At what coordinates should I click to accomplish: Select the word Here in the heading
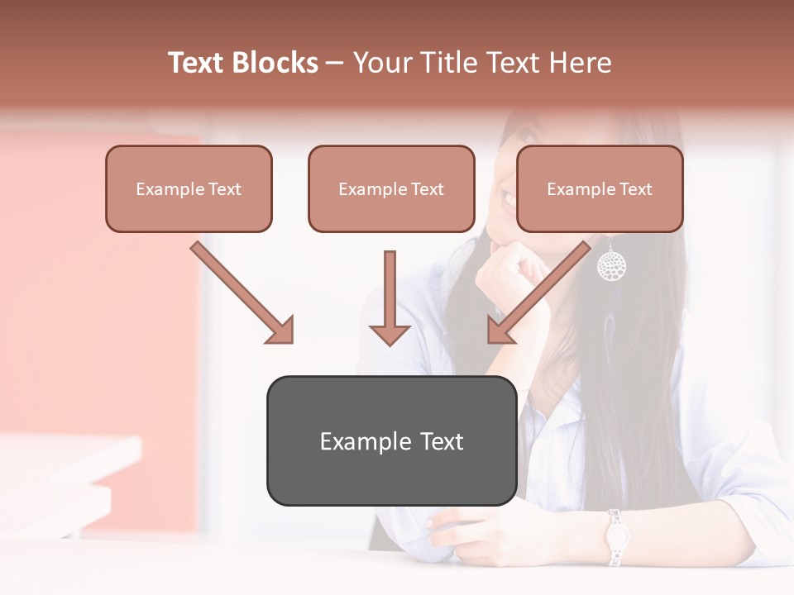pyautogui.click(x=582, y=63)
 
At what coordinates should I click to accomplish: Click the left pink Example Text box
pyautogui.click(x=189, y=189)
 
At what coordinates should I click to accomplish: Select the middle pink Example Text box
pyautogui.click(x=391, y=189)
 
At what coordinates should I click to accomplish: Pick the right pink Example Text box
pyautogui.click(x=600, y=189)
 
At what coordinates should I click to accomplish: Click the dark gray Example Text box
pyautogui.click(x=391, y=440)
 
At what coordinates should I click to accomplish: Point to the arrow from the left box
pyautogui.click(x=242, y=293)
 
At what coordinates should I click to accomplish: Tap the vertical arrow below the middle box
pyautogui.click(x=390, y=297)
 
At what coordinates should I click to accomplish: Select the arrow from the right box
pyautogui.click(x=538, y=293)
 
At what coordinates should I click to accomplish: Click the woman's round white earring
pyautogui.click(x=611, y=265)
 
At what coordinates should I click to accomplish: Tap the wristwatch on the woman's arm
pyautogui.click(x=615, y=537)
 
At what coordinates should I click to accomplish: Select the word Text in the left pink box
pyautogui.click(x=224, y=189)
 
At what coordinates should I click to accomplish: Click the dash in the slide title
pyautogui.click(x=335, y=63)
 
